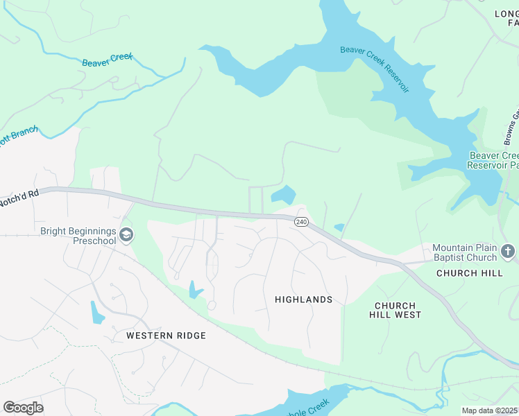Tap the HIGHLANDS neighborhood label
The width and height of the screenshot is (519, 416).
coord(303,300)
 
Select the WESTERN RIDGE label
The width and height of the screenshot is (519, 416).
coord(166,336)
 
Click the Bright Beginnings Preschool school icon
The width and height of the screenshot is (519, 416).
coord(126,236)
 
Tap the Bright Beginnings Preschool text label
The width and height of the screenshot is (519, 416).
coord(78,236)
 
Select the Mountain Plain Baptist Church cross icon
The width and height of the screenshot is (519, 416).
coord(508,250)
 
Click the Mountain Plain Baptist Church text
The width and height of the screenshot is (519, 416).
coord(464,252)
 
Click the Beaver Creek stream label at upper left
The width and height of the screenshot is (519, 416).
coord(107,62)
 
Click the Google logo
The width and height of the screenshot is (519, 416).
coord(23,407)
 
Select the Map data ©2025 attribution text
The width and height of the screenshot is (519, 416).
coord(489,410)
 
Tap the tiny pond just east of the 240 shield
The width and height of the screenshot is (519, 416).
coord(339,227)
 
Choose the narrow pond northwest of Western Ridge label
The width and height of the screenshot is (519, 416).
coord(96,313)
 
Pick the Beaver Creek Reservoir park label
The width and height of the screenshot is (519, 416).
coord(493,160)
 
